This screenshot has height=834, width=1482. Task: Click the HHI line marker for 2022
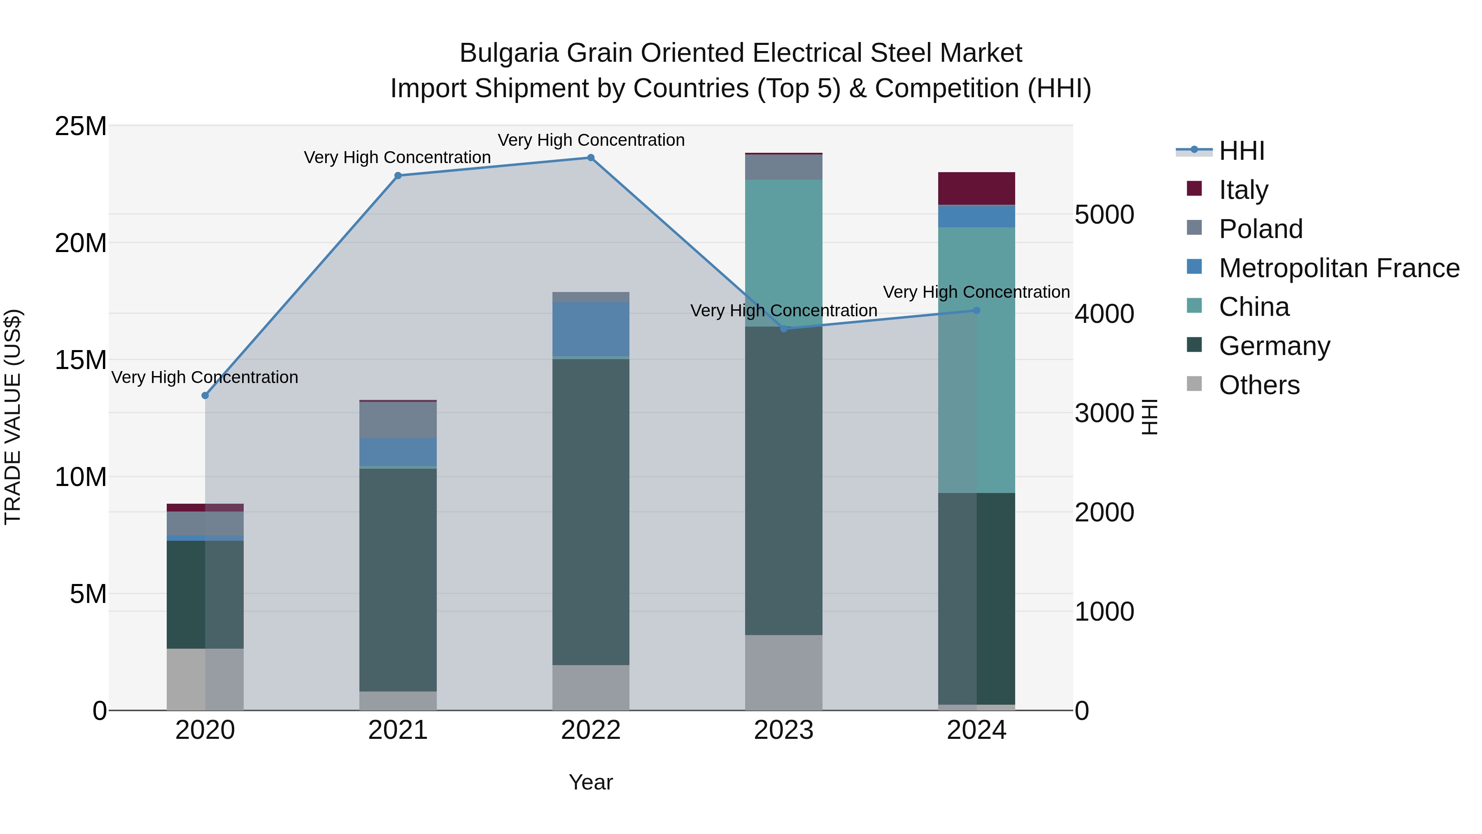[590, 158]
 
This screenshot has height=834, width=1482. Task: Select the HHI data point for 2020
[205, 395]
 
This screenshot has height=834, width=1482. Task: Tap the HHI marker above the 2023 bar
[783, 329]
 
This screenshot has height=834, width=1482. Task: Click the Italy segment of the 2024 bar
[976, 188]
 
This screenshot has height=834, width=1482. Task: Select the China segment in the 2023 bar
[783, 253]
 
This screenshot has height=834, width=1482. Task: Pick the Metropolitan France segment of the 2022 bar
[590, 329]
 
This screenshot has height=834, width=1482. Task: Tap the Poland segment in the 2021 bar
[398, 420]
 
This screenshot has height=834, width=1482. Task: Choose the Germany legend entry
[1274, 346]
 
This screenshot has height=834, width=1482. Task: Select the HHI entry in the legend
[1242, 151]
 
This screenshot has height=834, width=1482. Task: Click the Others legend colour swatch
[1194, 384]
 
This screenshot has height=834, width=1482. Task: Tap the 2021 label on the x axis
[398, 730]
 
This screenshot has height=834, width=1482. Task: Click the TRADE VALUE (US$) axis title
[13, 417]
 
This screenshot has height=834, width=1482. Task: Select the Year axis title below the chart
[590, 782]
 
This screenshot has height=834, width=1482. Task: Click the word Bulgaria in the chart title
[508, 53]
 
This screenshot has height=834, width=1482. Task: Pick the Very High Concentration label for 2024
[976, 292]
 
